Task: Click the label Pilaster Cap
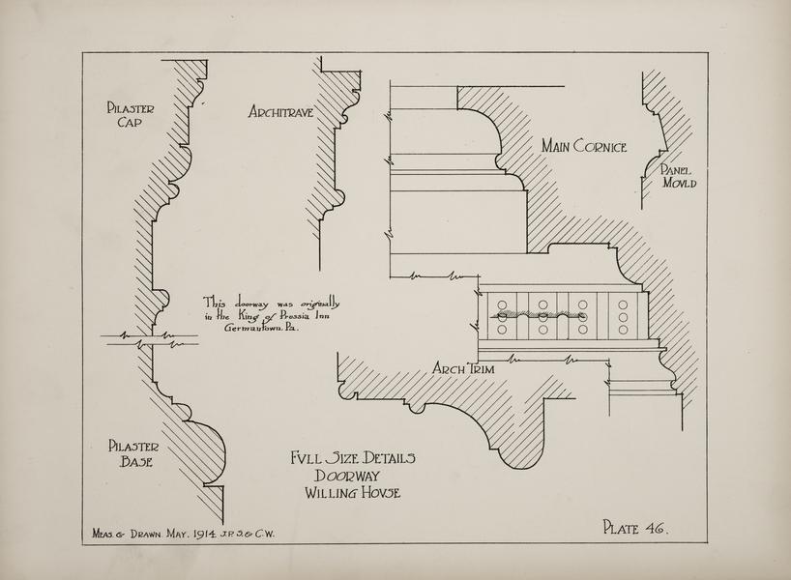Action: (132, 116)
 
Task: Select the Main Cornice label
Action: (584, 147)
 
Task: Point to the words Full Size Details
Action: (352, 458)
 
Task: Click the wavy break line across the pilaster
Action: (150, 339)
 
